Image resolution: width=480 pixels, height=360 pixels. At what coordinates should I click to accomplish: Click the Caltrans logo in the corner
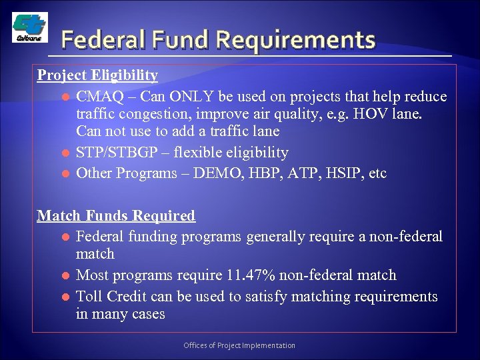pyautogui.click(x=30, y=27)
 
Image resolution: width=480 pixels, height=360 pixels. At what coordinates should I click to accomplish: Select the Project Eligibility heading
pyautogui.click(x=97, y=75)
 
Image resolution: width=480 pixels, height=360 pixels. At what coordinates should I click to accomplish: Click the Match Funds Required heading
pyautogui.click(x=116, y=215)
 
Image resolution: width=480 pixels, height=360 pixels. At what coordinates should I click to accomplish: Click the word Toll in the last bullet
pyautogui.click(x=91, y=296)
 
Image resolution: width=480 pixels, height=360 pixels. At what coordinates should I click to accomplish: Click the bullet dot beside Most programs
pyautogui.click(x=65, y=275)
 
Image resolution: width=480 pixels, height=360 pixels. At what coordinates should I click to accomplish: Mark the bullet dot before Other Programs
pyautogui.click(x=65, y=174)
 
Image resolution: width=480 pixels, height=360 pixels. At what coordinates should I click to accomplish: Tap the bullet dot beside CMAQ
pyautogui.click(x=65, y=97)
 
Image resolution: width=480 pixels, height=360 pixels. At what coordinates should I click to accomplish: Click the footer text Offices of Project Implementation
pyautogui.click(x=239, y=345)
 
